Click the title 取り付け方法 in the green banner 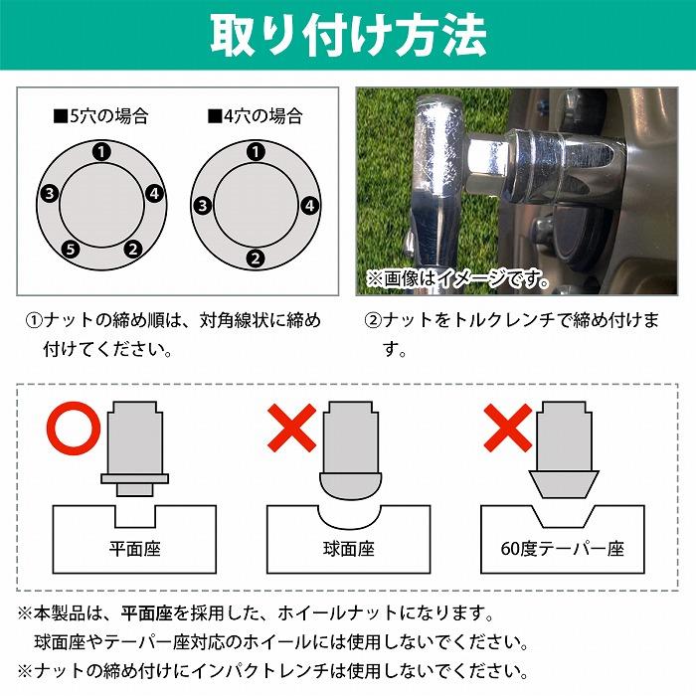coord(348,37)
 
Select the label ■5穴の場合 coord(100,116)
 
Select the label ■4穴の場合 coord(256,116)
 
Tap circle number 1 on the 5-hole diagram coord(100,151)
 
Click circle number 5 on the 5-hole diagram coord(68,249)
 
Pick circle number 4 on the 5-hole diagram coord(154,193)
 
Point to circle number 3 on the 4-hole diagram coord(202,207)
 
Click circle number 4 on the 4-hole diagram coord(309,207)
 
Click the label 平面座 coord(134,548)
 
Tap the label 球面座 coord(348,548)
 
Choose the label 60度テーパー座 coord(563,548)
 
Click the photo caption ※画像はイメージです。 coord(457,278)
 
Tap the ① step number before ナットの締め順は coord(33,321)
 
